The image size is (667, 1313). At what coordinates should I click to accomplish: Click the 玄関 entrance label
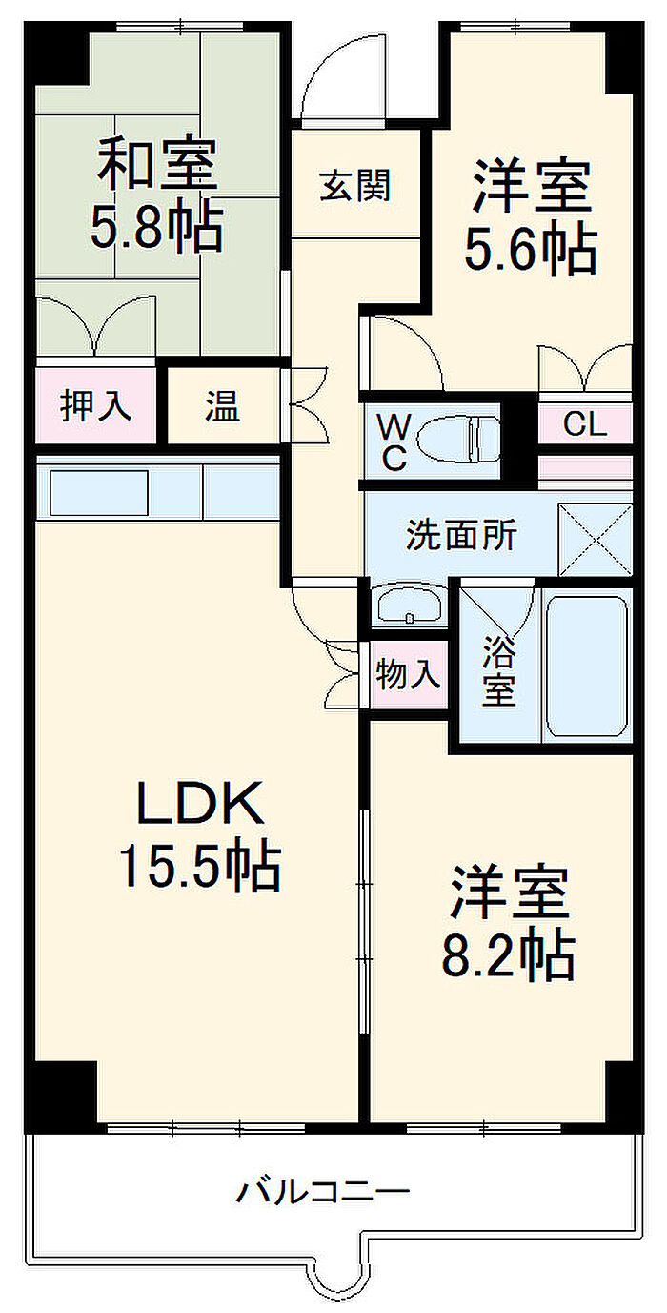354,186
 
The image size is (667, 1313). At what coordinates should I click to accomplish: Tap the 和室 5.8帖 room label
158,195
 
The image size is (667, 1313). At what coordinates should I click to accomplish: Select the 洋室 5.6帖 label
531,216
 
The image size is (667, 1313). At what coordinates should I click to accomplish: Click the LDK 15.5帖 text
199,834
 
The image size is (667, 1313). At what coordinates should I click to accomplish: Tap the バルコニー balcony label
324,1191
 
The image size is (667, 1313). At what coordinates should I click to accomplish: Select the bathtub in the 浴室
587,665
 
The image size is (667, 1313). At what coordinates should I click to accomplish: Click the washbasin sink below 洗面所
409,605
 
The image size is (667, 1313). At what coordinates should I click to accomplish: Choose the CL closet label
584,425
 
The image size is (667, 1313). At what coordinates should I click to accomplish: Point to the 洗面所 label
461,535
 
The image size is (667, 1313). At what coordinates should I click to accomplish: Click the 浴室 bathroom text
497,671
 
